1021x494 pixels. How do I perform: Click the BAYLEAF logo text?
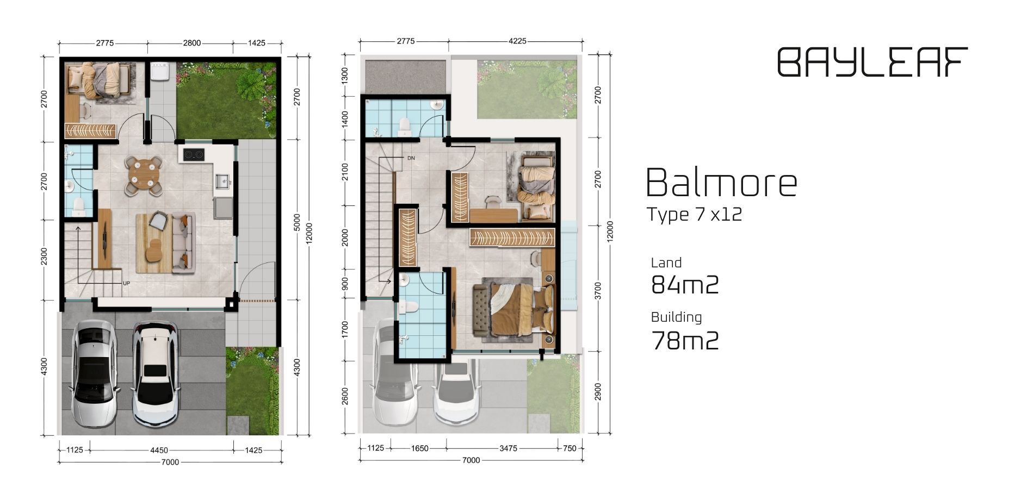873,61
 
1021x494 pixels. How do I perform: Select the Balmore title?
722,183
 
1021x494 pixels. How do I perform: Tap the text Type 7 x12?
694,214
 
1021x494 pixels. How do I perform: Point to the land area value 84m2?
685,284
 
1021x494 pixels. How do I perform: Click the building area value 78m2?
685,341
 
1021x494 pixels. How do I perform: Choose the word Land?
666,263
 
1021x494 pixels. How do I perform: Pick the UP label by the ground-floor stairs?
126,283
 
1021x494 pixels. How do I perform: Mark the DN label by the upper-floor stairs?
411,158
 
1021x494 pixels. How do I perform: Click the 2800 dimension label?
191,43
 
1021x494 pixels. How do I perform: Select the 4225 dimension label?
517,41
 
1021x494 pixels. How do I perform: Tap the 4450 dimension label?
159,450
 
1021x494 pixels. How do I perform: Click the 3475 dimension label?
508,448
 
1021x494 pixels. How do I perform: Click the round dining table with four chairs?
144,176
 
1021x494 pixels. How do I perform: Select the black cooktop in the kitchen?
193,154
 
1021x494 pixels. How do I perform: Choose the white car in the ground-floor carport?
155,374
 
